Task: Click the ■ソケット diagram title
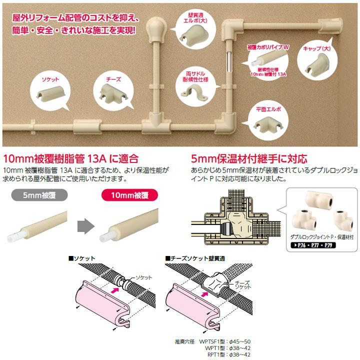pos(81,258)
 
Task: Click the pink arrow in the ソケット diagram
pos(114,288)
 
